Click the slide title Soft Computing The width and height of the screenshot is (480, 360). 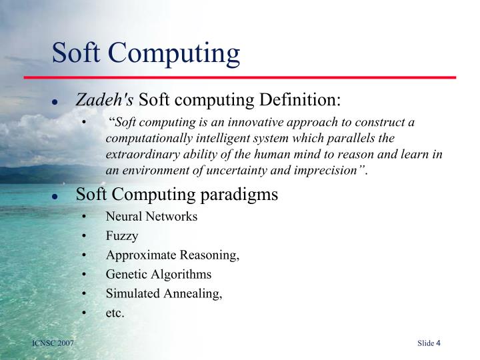[x=146, y=53]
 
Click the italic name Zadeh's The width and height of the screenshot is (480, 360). [x=105, y=100]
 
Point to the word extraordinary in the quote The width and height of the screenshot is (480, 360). [x=139, y=155]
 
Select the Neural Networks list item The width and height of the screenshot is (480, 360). [x=151, y=217]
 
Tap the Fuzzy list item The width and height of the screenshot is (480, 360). [x=122, y=236]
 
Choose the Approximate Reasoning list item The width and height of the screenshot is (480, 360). [x=172, y=255]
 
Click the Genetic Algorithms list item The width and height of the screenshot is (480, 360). [x=158, y=274]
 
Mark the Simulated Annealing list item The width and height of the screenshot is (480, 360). [x=164, y=293]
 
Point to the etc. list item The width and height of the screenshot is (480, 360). [x=115, y=313]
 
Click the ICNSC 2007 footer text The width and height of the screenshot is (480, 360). [x=53, y=343]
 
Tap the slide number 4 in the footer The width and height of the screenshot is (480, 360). [x=439, y=343]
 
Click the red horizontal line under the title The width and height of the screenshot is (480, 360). [x=253, y=77]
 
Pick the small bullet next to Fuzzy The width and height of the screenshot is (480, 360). [x=83, y=237]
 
